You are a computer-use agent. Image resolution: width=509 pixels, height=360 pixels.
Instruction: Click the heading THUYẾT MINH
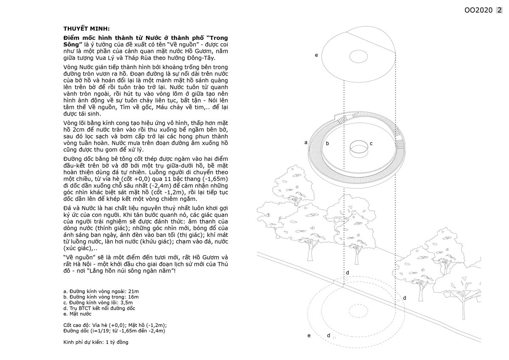pos(86,29)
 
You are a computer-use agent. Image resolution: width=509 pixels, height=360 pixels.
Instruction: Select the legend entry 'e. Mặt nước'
pos(77,314)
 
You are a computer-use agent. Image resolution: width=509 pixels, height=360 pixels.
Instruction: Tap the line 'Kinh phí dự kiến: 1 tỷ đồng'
pos(95,342)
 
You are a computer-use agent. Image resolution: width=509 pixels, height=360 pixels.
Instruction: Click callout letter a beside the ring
pos(306,142)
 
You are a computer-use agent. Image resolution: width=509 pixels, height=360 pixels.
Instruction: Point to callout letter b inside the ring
pos(327,144)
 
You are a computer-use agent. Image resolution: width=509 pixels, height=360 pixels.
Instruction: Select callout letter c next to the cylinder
pos(371,144)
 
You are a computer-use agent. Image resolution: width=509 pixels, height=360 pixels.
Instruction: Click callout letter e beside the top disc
pos(316,55)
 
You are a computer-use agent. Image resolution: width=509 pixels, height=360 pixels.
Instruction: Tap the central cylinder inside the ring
pos(359,148)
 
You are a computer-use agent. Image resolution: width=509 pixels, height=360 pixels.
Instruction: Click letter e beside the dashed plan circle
pos(309,335)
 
